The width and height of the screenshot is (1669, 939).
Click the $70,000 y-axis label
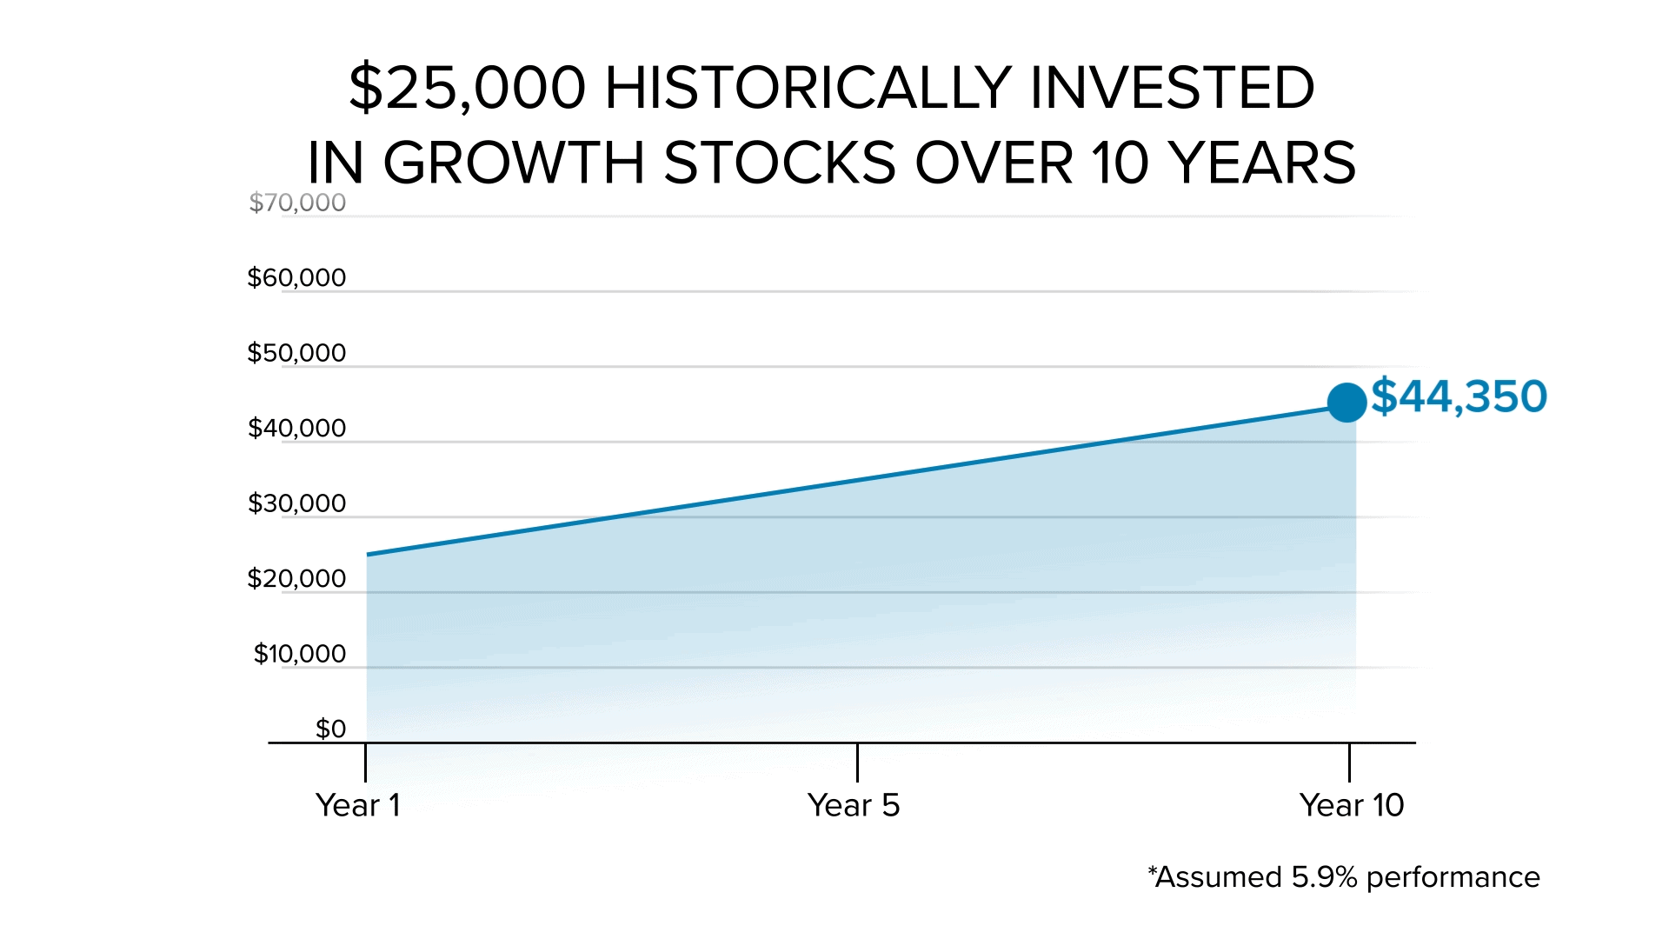click(x=297, y=203)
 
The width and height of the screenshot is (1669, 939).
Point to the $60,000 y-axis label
click(x=296, y=278)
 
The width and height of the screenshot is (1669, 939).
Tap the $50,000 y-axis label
click(x=296, y=353)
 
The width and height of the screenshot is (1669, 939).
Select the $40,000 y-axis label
click(x=296, y=428)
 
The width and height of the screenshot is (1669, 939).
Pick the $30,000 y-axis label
click(x=296, y=503)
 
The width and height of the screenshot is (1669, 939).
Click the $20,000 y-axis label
click(x=296, y=578)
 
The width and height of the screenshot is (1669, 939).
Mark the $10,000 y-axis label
click(x=299, y=654)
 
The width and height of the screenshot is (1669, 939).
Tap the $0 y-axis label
click(x=330, y=729)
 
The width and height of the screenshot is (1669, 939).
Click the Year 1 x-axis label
click(x=358, y=805)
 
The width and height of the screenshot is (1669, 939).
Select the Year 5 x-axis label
click(x=854, y=805)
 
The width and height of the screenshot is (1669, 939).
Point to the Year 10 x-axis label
click(x=1352, y=805)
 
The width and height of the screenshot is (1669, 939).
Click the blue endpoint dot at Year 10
click(x=1347, y=403)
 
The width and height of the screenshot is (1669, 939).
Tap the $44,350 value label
click(x=1460, y=396)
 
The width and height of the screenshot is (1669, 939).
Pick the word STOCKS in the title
click(x=780, y=163)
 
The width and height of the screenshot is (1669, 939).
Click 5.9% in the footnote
click(x=1324, y=877)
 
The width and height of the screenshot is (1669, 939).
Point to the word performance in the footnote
click(x=1453, y=878)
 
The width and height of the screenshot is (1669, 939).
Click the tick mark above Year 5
click(x=857, y=762)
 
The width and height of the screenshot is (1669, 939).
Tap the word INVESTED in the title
click(x=1172, y=88)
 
